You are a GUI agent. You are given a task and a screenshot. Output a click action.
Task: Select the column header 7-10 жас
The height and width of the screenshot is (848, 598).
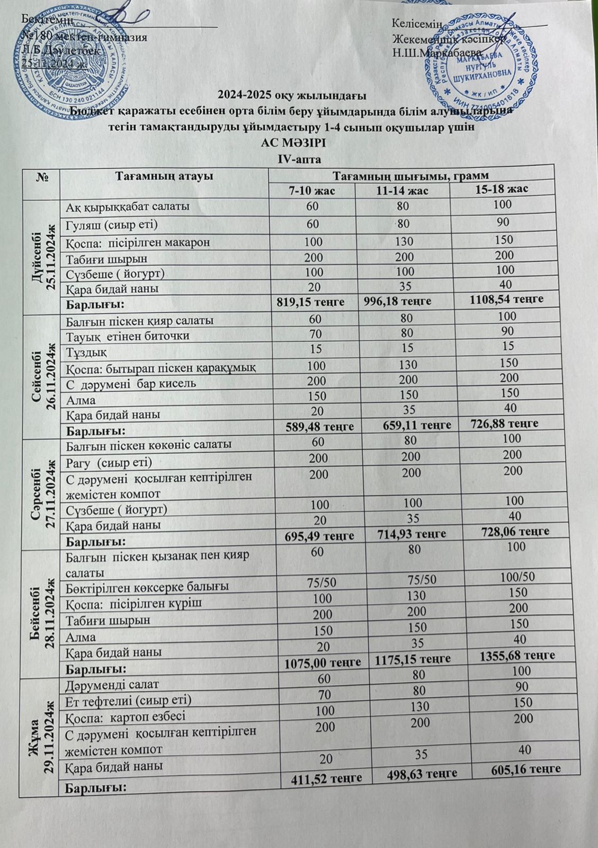(311, 191)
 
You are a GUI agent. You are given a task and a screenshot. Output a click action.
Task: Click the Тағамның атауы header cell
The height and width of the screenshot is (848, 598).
(165, 176)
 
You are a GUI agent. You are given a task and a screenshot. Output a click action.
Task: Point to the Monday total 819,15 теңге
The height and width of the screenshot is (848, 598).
(311, 302)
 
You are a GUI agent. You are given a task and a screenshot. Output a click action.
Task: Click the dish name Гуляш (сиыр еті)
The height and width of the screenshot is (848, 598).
(112, 224)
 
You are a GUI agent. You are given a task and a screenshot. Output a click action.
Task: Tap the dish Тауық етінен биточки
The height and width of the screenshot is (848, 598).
(128, 336)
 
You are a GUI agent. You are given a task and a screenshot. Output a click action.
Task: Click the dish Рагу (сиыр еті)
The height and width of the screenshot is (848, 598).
(110, 462)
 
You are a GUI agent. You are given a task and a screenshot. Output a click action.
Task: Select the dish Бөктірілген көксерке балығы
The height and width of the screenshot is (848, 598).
(148, 587)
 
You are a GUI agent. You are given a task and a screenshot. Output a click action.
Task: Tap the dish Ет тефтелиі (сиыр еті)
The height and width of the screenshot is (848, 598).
(128, 701)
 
